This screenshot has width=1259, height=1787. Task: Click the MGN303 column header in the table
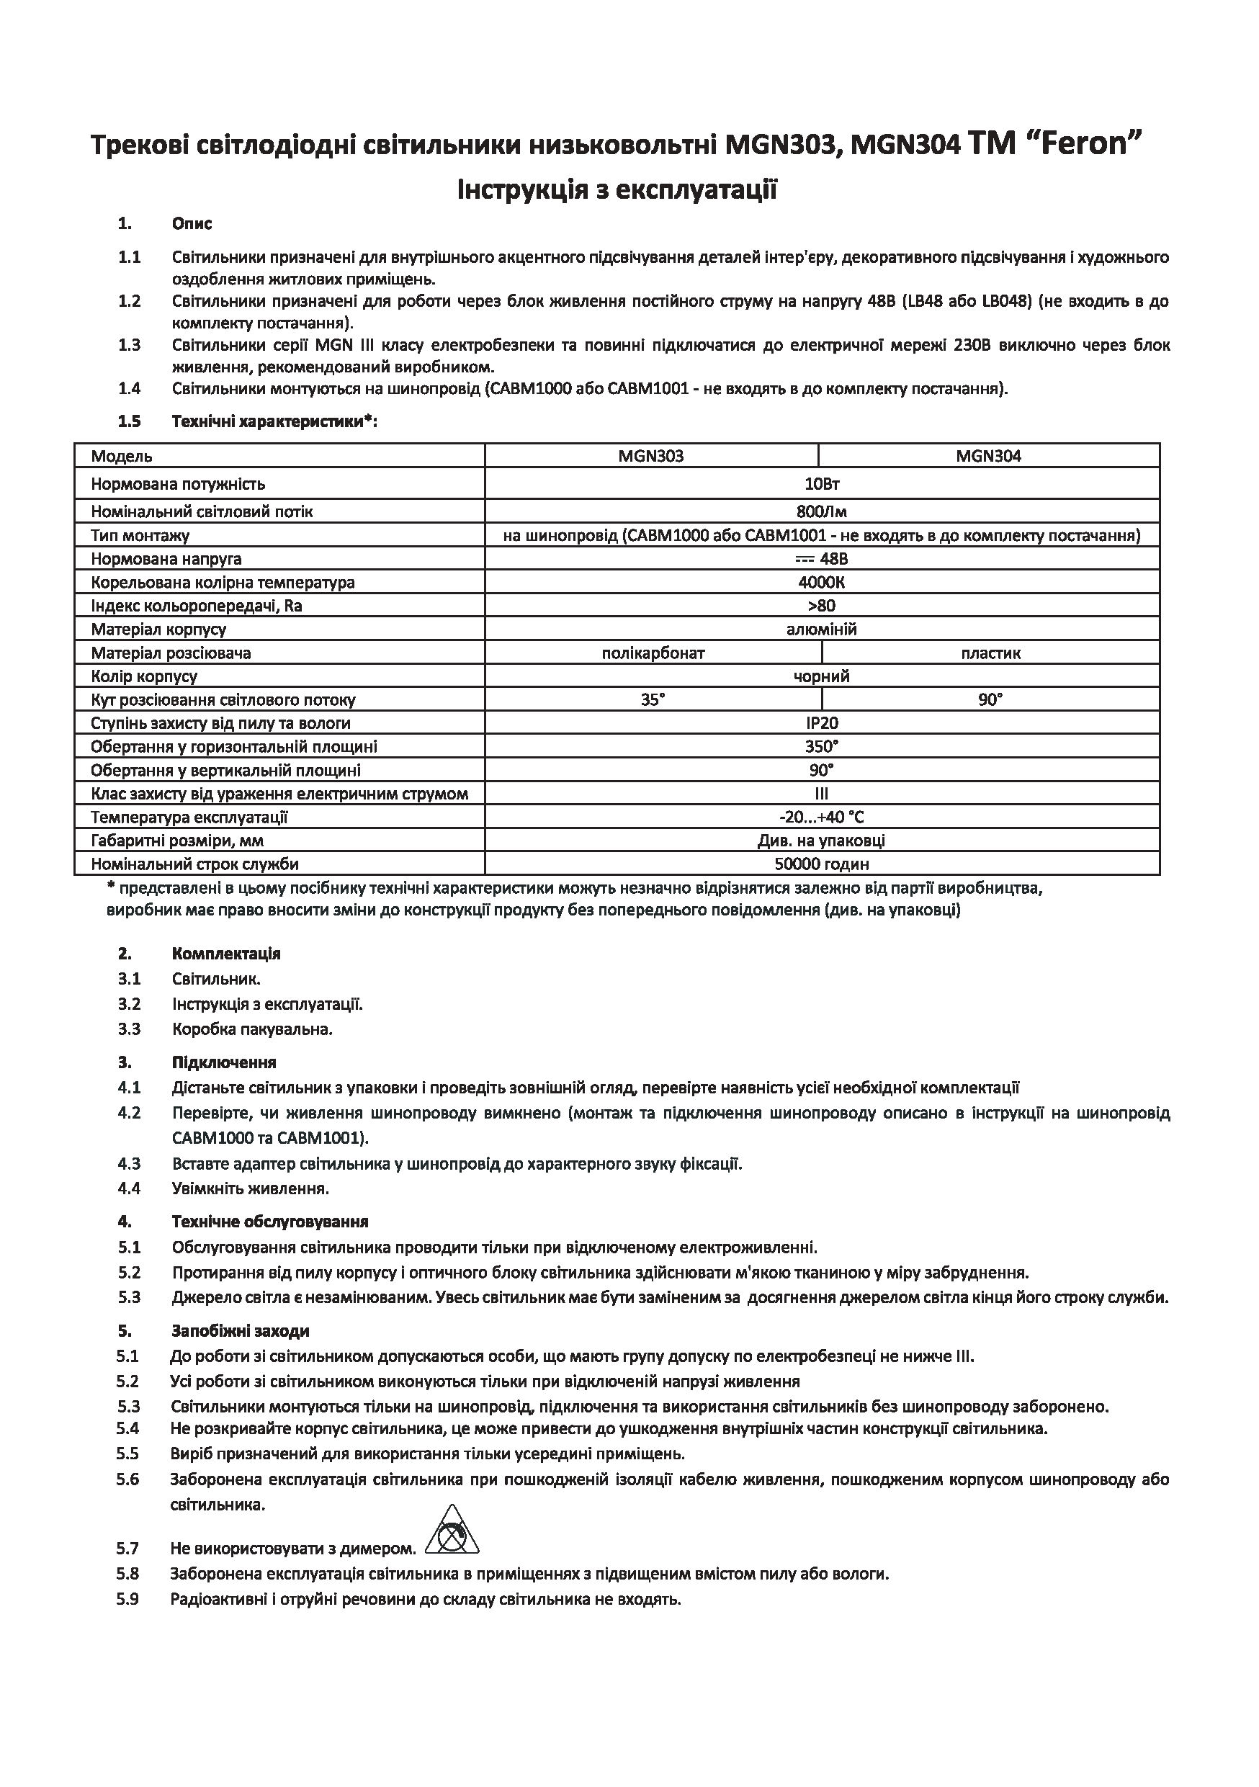(651, 456)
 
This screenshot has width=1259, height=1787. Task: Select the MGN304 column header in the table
(988, 456)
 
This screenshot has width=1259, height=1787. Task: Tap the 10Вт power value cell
(822, 484)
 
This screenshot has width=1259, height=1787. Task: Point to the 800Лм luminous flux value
(822, 512)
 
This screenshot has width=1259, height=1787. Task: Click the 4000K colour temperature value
(822, 583)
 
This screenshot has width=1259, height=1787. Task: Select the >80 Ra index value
(822, 606)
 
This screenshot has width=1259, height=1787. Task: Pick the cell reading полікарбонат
(653, 653)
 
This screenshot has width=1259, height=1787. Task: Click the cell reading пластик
(990, 653)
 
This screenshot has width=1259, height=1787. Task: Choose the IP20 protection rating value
(822, 724)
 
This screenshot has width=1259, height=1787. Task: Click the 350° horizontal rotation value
(822, 747)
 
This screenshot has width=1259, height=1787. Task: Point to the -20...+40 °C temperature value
(822, 818)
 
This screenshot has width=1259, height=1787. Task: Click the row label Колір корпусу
(144, 677)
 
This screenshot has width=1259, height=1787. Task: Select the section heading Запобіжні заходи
(241, 1332)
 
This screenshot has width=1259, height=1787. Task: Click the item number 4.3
(129, 1165)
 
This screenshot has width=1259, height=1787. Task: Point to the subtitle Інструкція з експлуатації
(617, 190)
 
